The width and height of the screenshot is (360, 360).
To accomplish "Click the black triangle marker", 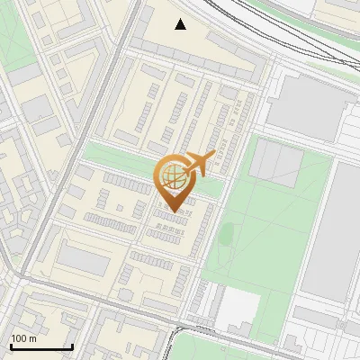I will pyautogui.click(x=181, y=24).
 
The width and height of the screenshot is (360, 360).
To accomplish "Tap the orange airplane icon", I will pyautogui.click(x=200, y=163).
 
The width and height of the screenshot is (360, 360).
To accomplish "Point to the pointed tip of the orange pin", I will pyautogui.click(x=171, y=211).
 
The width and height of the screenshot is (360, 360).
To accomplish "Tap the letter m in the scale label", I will pyautogui.click(x=33, y=338).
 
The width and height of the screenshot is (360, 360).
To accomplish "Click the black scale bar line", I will pyautogui.click(x=40, y=346).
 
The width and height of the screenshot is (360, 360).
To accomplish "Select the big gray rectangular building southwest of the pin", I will pyautogui.click(x=85, y=261).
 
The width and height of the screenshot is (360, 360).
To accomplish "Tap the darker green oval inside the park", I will pyautogui.click(x=227, y=232).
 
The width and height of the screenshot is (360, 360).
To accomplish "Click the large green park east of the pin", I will pyautogui.click(x=270, y=225).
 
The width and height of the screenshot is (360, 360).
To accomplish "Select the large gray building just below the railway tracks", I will pyautogui.click(x=306, y=103).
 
